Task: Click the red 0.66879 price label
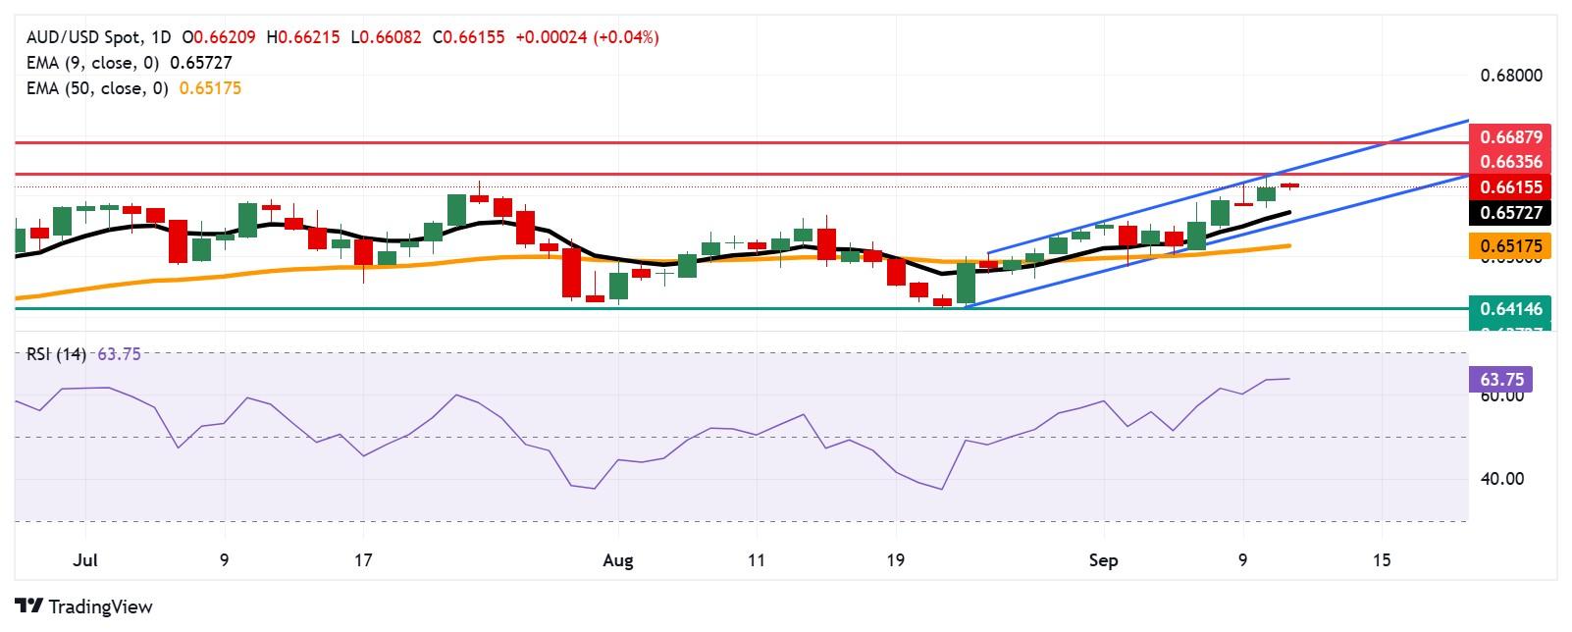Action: click(x=1509, y=137)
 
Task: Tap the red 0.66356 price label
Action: click(x=1509, y=162)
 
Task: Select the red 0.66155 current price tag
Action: click(x=1509, y=187)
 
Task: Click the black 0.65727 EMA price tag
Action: click(x=1509, y=212)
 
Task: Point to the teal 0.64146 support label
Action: click(x=1509, y=309)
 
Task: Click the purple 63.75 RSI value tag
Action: click(x=1499, y=379)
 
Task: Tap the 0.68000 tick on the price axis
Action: click(x=1509, y=76)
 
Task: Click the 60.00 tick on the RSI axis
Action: click(x=1501, y=396)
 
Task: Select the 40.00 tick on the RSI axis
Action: click(x=1501, y=479)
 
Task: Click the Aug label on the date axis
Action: click(x=617, y=560)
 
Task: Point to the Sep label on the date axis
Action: click(x=1104, y=560)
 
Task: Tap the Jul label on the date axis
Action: click(x=85, y=560)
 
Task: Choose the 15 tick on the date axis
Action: click(x=1382, y=560)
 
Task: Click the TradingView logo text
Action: click(x=99, y=606)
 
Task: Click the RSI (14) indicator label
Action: click(x=57, y=354)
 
